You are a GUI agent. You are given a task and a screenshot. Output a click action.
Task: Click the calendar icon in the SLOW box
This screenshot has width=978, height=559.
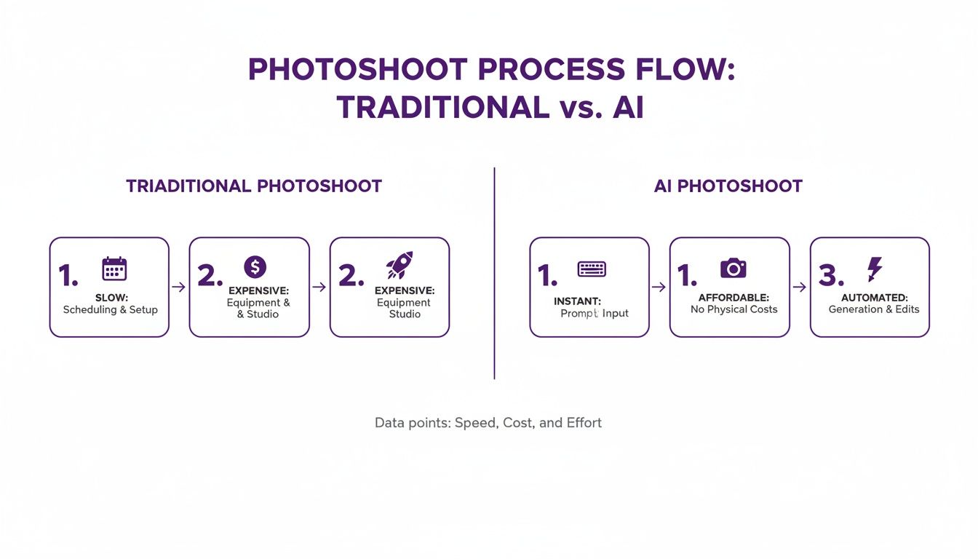coord(114,269)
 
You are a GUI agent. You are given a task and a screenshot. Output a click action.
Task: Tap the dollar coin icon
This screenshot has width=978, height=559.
coord(255,267)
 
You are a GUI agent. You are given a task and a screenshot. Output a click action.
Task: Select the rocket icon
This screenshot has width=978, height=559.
coord(399,266)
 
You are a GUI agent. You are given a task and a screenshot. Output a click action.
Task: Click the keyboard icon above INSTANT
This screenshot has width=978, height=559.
coord(592,269)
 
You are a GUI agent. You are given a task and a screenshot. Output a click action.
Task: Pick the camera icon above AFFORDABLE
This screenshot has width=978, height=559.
coord(733,268)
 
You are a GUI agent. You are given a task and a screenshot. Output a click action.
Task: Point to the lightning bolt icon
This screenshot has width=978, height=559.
coord(874,269)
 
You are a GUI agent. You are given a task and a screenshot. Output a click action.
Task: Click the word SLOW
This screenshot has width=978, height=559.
coord(111,298)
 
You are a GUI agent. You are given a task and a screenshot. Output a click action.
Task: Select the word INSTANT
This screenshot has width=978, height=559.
coord(577,301)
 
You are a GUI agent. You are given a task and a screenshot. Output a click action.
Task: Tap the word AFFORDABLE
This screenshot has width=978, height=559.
coord(733,298)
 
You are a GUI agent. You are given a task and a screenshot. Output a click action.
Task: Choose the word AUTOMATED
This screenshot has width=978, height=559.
coord(874,298)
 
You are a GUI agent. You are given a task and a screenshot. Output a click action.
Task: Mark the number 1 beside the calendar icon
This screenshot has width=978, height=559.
coord(68,276)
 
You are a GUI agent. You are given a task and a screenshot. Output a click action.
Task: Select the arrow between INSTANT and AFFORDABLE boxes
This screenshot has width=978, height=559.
coord(659,288)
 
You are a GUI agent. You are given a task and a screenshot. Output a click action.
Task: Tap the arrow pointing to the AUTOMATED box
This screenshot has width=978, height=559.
coord(799,288)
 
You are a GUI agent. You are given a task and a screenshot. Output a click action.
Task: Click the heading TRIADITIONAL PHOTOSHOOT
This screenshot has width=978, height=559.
coord(254,186)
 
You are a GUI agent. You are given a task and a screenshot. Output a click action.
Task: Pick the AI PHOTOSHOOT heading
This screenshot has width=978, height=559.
coord(728,186)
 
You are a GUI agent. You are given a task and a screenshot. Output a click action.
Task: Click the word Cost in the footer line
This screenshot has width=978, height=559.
coord(518,423)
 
